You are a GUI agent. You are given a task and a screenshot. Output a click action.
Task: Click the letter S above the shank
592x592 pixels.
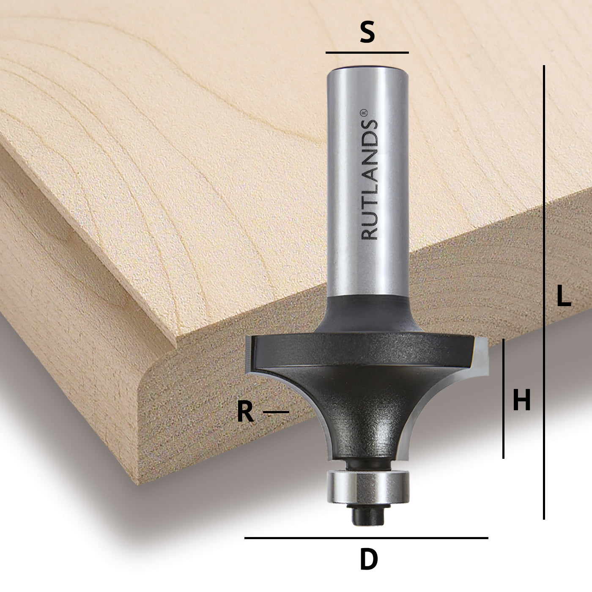[367, 33]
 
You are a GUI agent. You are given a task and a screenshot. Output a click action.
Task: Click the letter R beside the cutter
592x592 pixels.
[245, 412]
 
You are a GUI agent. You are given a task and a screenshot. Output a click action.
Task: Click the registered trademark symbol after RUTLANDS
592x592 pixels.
[364, 113]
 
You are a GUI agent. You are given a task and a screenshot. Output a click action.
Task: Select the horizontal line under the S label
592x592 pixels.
[367, 53]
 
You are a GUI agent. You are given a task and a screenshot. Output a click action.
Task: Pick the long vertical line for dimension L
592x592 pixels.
[544, 292]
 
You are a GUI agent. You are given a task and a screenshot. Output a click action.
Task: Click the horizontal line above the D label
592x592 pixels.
[366, 538]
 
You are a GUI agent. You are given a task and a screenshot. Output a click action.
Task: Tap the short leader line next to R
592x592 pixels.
[276, 412]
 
